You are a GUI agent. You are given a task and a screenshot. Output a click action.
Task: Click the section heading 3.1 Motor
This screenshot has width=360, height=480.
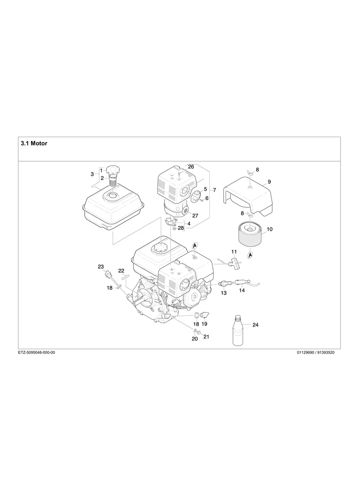click(34, 143)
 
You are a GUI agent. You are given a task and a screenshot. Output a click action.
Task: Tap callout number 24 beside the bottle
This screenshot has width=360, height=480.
click(255, 325)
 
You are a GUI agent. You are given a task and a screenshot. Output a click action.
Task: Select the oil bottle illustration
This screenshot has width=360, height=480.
click(238, 331)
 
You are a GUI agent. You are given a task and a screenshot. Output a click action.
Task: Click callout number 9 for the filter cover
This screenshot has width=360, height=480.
click(269, 182)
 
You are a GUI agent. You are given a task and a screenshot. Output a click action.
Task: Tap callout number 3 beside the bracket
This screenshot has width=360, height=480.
click(92, 174)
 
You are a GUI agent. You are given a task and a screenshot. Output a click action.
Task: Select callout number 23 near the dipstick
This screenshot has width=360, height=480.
click(101, 266)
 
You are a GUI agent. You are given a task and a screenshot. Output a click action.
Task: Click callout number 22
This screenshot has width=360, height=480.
click(121, 271)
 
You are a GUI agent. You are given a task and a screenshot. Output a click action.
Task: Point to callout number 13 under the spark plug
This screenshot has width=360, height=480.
click(224, 293)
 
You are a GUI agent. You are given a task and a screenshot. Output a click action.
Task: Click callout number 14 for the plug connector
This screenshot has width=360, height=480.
click(242, 290)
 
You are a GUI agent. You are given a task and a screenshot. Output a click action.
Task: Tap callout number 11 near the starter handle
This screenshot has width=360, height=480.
click(234, 252)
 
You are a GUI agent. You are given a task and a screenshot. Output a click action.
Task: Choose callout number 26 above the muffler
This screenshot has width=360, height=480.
click(191, 167)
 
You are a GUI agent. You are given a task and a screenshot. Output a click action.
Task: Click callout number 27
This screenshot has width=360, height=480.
click(195, 215)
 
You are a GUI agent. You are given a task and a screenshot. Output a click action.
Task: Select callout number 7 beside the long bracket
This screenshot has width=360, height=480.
click(214, 190)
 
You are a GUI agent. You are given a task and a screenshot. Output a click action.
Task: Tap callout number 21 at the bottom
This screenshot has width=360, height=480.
click(206, 337)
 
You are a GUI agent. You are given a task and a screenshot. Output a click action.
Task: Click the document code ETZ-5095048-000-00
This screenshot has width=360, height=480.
click(37, 352)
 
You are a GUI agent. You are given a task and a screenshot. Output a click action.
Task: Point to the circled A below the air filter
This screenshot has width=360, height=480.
click(251, 255)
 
